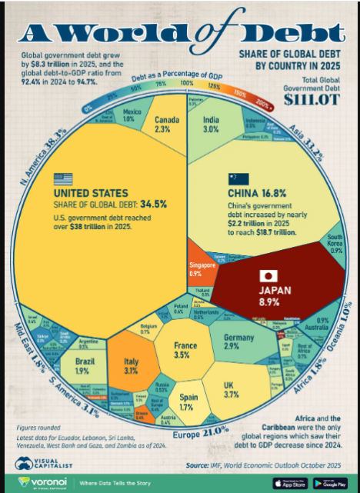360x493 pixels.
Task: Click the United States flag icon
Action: [x=62, y=178]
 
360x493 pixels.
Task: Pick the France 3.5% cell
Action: [x=182, y=351]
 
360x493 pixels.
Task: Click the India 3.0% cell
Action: [x=212, y=124]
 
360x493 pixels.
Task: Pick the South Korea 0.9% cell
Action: [x=335, y=245]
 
